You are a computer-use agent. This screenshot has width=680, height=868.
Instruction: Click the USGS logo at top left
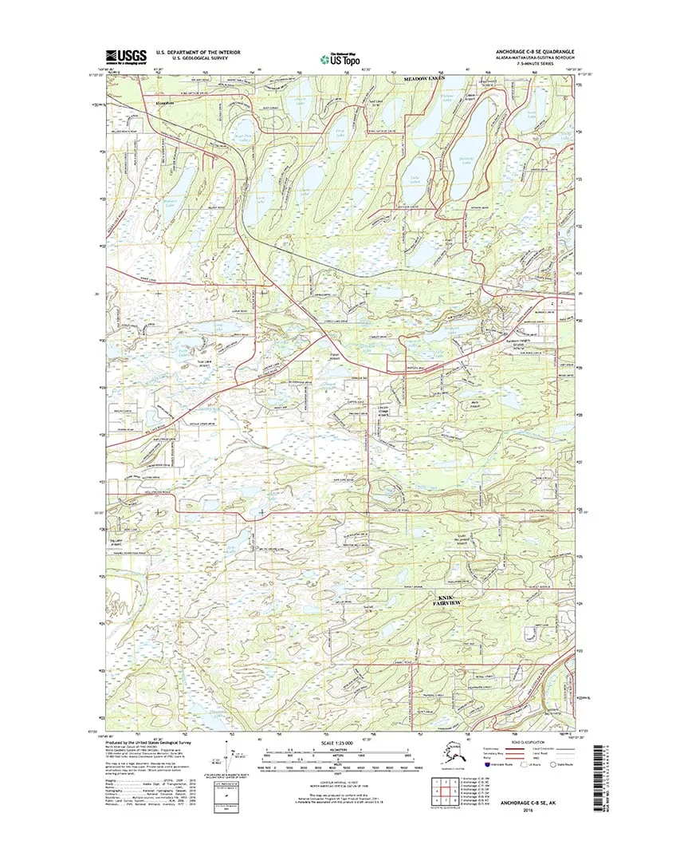tap(127, 57)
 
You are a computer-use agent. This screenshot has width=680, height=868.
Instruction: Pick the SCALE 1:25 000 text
tap(338, 744)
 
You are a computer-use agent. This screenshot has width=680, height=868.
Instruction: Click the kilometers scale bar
tap(338, 752)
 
